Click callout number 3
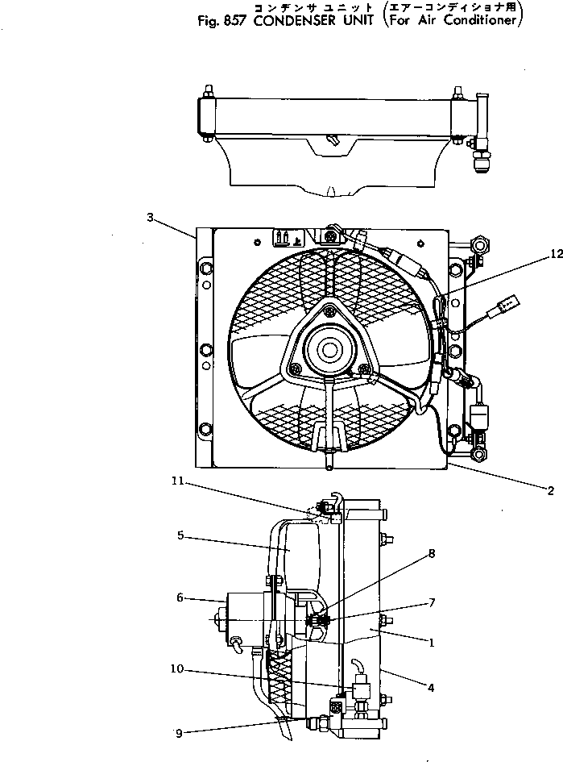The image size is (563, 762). coord(150,217)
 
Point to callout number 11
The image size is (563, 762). coord(178,481)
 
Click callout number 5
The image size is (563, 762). coord(182,534)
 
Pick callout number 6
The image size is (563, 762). coord(180,598)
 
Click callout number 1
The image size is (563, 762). coord(432,643)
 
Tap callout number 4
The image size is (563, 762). coord(432,688)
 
